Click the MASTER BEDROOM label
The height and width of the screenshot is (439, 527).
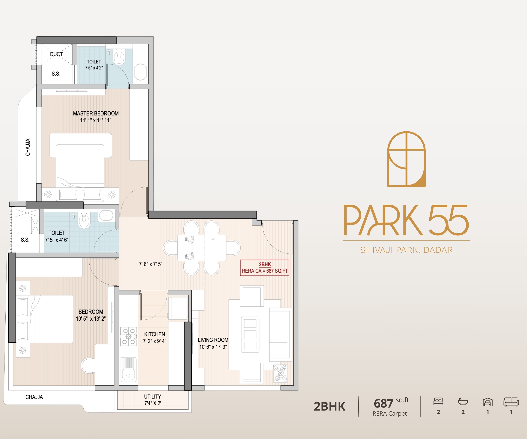coord(96,113)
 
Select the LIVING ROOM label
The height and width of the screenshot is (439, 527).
coord(213,340)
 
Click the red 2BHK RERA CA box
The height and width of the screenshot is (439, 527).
coord(265,268)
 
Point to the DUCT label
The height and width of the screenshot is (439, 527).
coord(56,54)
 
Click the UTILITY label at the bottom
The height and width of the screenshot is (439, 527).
coord(152,397)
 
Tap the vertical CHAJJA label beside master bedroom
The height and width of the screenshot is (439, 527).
coord(28,147)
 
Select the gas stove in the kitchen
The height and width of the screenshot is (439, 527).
coord(129,336)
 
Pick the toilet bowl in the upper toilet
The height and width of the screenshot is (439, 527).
coord(119,57)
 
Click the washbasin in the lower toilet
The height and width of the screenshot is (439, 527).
coord(106,215)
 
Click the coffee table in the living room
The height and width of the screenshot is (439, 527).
coord(250,334)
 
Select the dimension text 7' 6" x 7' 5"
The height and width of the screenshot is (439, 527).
coord(151,264)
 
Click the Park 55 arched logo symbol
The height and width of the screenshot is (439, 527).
coord(406,159)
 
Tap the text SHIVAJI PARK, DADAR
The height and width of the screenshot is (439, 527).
coord(406,250)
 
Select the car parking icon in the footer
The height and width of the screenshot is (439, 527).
coord(487,402)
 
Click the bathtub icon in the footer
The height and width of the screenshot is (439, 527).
coord(463,402)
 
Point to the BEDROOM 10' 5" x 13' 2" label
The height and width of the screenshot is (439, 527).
coord(91,315)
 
